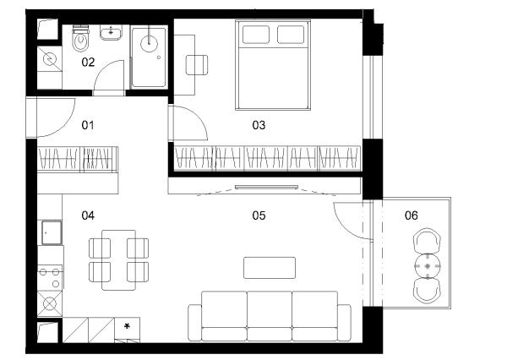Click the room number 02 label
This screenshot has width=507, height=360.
tap(88, 62)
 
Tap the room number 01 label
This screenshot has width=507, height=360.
tap(88, 125)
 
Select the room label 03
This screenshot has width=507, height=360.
tap(259, 125)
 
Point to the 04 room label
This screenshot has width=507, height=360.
tap(88, 215)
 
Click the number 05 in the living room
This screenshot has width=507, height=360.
tap(259, 215)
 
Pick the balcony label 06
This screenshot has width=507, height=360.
tap(412, 215)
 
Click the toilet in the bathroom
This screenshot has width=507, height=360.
tap(80, 38)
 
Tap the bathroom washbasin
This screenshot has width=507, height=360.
tap(111, 32)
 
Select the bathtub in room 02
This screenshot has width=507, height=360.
tap(149, 57)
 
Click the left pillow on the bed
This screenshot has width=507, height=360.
tap(256, 35)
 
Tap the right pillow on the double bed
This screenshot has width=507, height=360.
tap(291, 35)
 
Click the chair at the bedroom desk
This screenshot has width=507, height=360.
tap(197, 65)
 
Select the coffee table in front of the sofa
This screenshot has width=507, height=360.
tap(270, 268)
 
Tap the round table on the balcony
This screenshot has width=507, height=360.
tap(428, 266)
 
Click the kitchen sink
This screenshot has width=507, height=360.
tap(52, 232)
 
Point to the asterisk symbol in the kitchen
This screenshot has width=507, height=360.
tap(127, 326)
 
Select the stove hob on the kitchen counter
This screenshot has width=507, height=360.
tap(50, 277)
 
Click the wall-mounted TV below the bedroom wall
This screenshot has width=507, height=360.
tap(266, 187)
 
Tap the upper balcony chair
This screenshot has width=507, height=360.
tap(427, 240)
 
